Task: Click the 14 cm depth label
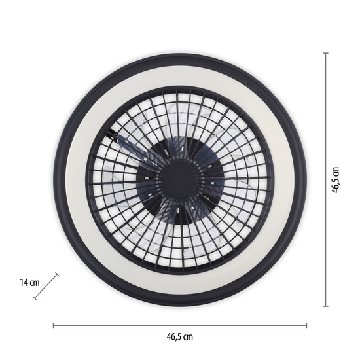[x=29, y=283]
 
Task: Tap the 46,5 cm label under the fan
[x=179, y=336]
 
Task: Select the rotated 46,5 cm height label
[x=335, y=179]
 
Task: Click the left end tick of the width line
[x=53, y=325]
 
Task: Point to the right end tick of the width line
[x=306, y=325]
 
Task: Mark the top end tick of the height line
[x=325, y=53]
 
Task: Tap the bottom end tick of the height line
[x=325, y=306]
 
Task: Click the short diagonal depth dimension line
[x=52, y=283]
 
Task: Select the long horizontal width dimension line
[x=179, y=325]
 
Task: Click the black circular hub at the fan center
[x=180, y=179]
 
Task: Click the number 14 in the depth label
[x=24, y=283]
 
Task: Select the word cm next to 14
[x=35, y=283]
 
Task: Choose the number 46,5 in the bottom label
[x=173, y=336]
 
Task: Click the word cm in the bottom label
[x=189, y=336]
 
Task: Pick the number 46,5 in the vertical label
[x=335, y=184]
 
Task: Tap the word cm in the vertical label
[x=335, y=169]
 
